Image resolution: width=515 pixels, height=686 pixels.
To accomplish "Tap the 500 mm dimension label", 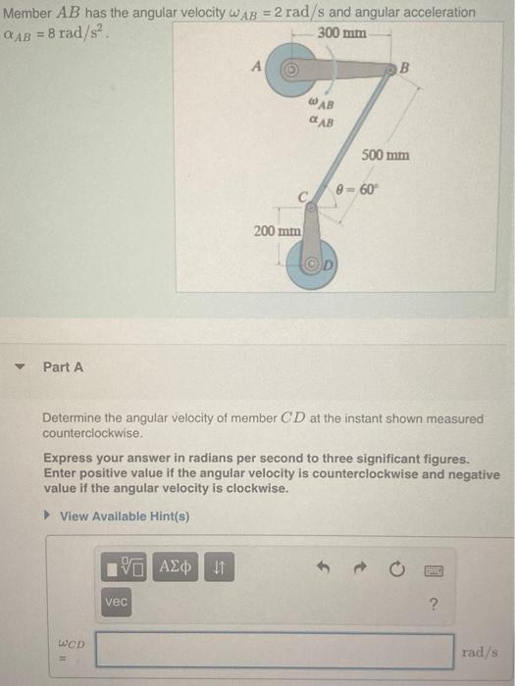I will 385,155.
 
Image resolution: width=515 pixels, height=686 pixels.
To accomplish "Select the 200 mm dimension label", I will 278,231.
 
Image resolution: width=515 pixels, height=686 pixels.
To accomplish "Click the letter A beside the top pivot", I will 257,68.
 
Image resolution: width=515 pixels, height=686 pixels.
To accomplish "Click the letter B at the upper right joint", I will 404,68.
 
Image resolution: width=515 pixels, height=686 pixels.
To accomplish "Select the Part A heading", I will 63,367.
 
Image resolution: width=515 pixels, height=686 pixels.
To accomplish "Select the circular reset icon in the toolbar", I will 396,566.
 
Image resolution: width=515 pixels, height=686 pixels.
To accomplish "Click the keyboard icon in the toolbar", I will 432,566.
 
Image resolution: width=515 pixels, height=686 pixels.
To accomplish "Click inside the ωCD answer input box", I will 275,651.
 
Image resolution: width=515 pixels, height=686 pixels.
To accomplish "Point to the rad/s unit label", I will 481,651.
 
